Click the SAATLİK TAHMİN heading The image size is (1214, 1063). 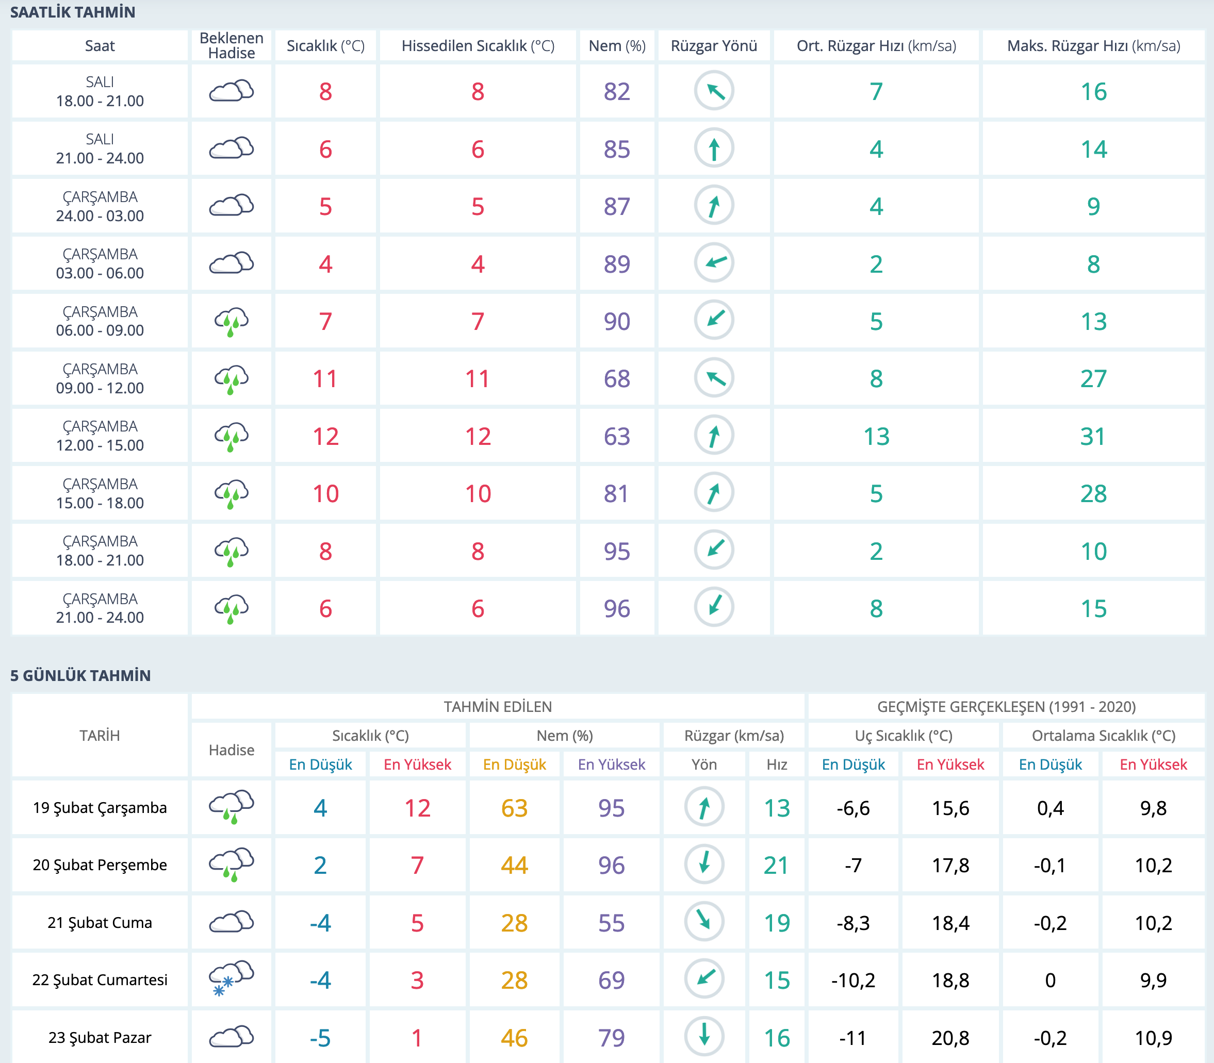pyautogui.click(x=72, y=12)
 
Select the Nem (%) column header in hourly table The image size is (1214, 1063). pyautogui.click(x=616, y=46)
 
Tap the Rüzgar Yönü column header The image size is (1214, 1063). pyautogui.click(x=714, y=46)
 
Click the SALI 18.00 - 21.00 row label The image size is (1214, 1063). pyautogui.click(x=100, y=91)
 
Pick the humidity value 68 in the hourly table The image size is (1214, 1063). pyautogui.click(x=616, y=379)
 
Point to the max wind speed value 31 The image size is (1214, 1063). pyautogui.click(x=1093, y=437)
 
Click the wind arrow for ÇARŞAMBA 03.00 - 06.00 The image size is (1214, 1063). pyautogui.click(x=714, y=263)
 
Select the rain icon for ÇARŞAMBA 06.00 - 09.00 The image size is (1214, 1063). pyautogui.click(x=232, y=322)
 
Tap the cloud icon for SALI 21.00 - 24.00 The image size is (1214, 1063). pyautogui.click(x=232, y=148)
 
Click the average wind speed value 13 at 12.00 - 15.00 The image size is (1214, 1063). pyautogui.click(x=876, y=437)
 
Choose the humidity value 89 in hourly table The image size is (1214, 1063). pyautogui.click(x=616, y=264)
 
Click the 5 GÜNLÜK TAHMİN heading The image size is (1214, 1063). pyautogui.click(x=80, y=676)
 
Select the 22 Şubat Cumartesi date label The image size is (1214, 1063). pyautogui.click(x=100, y=980)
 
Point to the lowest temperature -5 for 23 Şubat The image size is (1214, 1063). pyautogui.click(x=320, y=1038)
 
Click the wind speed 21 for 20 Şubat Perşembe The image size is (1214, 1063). pyautogui.click(x=776, y=866)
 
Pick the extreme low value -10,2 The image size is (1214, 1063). pyautogui.click(x=853, y=981)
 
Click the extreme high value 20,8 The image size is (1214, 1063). pyautogui.click(x=950, y=1038)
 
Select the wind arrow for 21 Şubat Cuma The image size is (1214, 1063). pyautogui.click(x=704, y=922)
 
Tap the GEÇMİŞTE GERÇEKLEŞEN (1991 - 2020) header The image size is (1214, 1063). pyautogui.click(x=1006, y=706)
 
